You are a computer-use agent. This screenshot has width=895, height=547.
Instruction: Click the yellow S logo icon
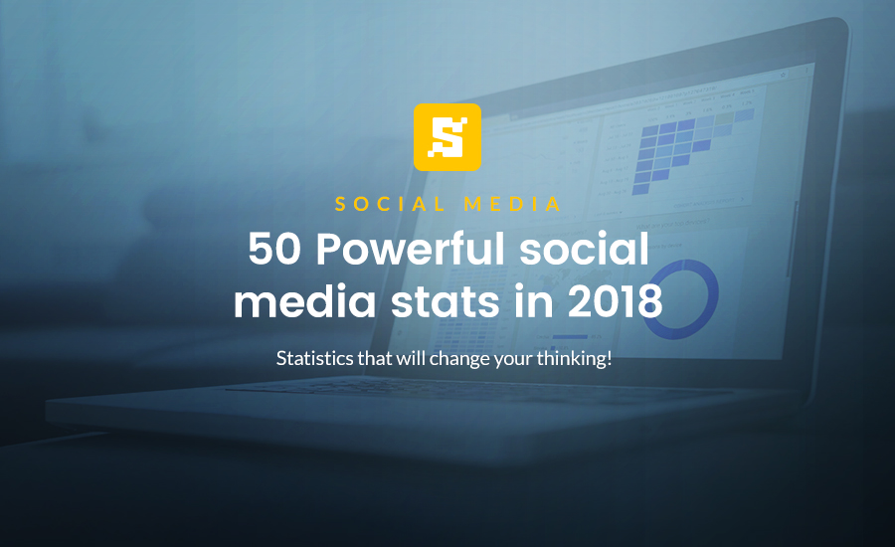point(447,137)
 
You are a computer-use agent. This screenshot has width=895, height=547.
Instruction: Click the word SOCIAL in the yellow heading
point(391,204)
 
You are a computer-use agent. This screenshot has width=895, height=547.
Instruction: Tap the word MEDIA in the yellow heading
point(512,204)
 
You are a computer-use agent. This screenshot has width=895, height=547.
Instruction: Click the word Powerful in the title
point(411,250)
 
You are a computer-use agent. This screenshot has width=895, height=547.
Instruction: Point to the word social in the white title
point(585,249)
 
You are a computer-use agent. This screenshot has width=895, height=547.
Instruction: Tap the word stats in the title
point(446,302)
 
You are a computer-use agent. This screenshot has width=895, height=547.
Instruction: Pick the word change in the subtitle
point(460,360)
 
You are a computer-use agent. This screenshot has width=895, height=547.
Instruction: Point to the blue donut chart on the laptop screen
point(678,298)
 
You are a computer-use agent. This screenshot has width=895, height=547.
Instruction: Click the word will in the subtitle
point(412,359)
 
